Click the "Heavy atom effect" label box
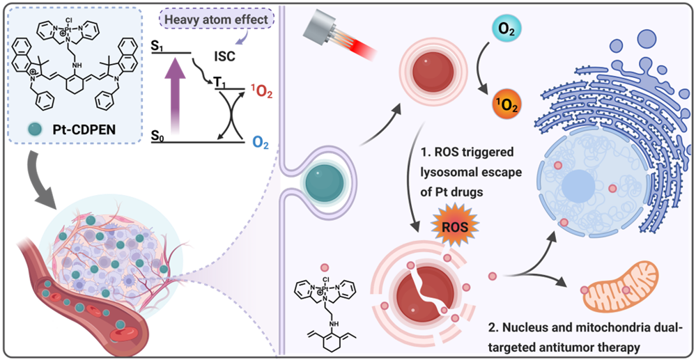(217, 19)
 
